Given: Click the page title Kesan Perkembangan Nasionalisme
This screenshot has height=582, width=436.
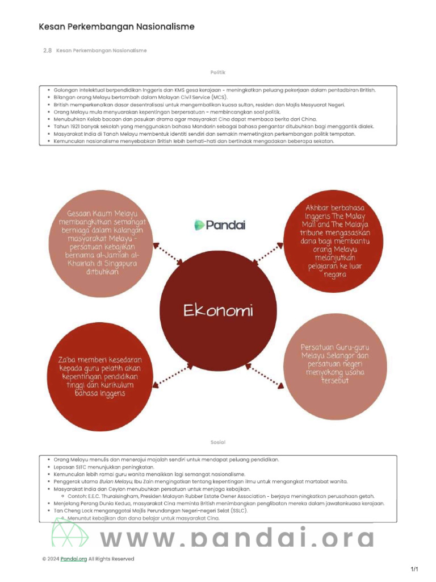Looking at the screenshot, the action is [116, 27].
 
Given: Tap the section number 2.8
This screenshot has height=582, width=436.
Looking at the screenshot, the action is [48, 51].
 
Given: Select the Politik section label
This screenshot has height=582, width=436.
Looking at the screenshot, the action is [218, 72].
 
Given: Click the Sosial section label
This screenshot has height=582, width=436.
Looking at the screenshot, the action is [218, 442].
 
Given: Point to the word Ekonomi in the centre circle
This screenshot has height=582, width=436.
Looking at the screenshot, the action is [218, 311].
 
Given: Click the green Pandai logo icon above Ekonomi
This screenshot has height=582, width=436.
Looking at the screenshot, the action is [199, 225].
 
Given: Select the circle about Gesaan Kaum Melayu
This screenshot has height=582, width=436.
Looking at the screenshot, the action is [102, 242].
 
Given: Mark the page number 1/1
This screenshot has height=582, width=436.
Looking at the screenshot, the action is [414, 569].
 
